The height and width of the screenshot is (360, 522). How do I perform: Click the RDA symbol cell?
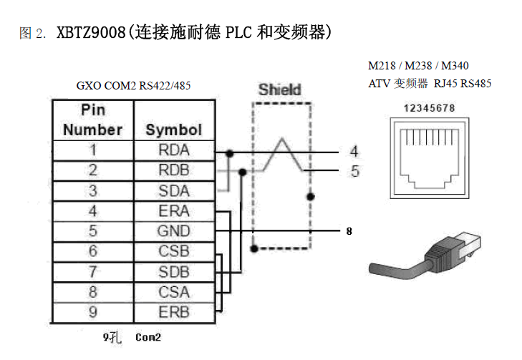pyautogui.click(x=173, y=150)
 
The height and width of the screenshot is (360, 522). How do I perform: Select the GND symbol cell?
pyautogui.click(x=173, y=231)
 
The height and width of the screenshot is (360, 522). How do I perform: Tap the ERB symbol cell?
pyautogui.click(x=173, y=312)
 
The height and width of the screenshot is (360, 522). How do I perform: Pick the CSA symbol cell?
pyautogui.click(x=173, y=292)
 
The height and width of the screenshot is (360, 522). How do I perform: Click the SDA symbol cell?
pyautogui.click(x=173, y=191)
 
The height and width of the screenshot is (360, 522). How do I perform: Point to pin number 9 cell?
pyautogui.click(x=92, y=312)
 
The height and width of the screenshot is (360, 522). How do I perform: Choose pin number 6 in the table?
pyautogui.click(x=92, y=251)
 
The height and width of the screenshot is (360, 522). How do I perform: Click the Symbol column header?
pyautogui.click(x=173, y=130)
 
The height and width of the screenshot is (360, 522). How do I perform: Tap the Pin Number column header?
pyautogui.click(x=92, y=120)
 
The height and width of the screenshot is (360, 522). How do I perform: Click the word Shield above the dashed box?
pyautogui.click(x=279, y=90)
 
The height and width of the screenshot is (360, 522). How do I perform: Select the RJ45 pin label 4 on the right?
pyautogui.click(x=354, y=151)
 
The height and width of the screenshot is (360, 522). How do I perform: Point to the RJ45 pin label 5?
pyautogui.click(x=354, y=172)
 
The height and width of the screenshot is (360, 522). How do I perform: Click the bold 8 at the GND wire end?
pyautogui.click(x=349, y=231)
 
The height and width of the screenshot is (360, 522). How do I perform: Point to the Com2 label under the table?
pyautogui.click(x=148, y=336)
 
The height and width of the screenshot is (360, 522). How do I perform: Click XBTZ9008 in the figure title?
pyautogui.click(x=91, y=33)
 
